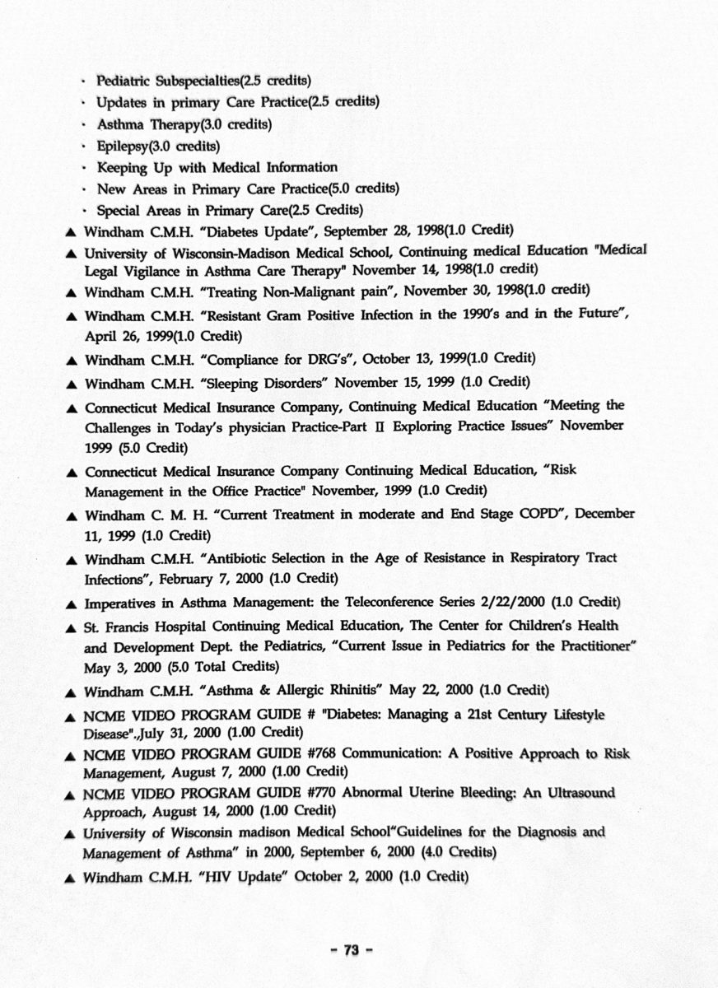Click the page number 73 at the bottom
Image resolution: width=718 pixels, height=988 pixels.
pos(352,950)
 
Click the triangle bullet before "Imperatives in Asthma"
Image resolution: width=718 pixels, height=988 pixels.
pos(71,603)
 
